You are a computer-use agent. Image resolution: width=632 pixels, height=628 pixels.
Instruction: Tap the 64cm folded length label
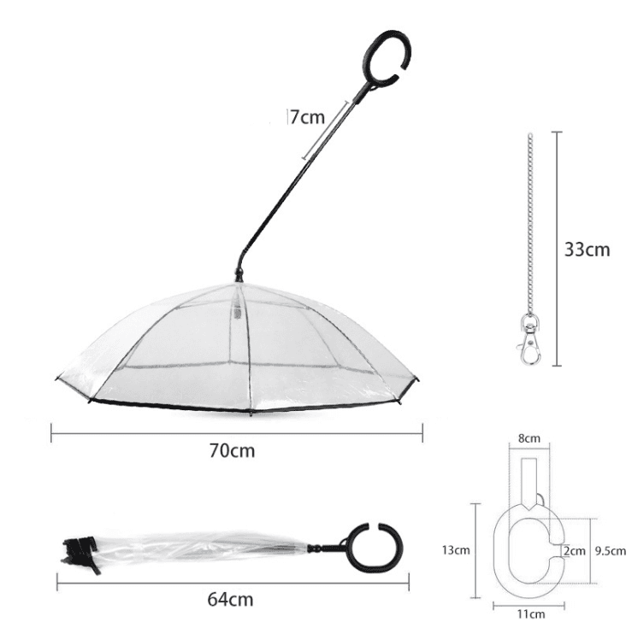pos(231,598)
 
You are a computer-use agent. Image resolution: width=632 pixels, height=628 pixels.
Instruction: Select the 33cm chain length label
pos(588,249)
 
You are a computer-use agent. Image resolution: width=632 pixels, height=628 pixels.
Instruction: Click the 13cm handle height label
pos(456,550)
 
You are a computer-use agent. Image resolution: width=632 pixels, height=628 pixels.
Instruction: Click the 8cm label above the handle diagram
pos(530,438)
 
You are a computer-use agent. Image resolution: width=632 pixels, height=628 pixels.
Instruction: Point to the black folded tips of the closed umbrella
pos(79,552)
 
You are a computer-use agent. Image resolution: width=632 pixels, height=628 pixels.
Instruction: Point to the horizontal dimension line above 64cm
pos(231,583)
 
